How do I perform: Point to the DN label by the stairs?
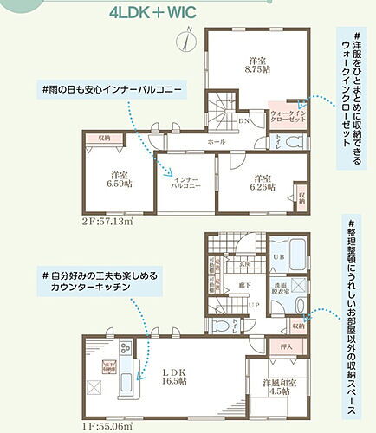click(245, 121)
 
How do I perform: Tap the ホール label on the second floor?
click(216, 140)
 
